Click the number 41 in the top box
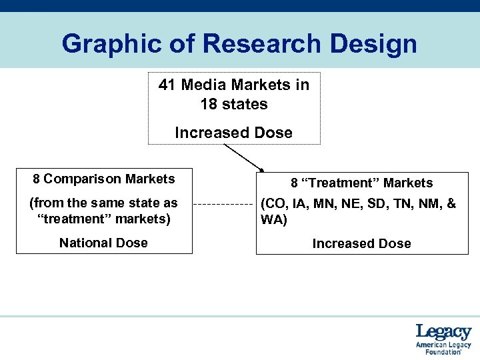167,85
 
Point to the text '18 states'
233,105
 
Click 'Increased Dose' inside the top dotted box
233,133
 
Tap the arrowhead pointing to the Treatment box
262,170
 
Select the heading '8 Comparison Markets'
104,179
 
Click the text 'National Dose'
103,243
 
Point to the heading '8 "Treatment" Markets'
361,183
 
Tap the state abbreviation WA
271,220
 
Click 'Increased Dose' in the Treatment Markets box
361,243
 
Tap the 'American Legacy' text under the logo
443,345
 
